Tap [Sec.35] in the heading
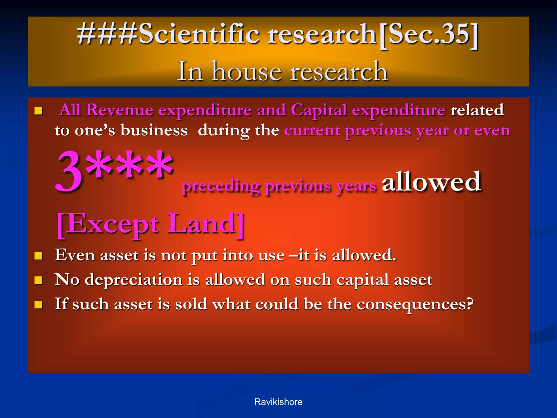pos(428,34)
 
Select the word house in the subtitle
pos(246,71)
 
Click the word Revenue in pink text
pos(120,110)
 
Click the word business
pos(154,131)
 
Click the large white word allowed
pos(431,182)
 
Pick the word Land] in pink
pos(206,224)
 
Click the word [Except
pos(108,224)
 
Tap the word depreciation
pos(133,280)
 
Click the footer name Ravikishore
pos(278,402)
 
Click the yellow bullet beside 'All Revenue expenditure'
pos(39,111)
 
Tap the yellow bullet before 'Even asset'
pos(39,256)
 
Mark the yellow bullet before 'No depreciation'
pos(39,280)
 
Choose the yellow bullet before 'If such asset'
pos(39,305)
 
